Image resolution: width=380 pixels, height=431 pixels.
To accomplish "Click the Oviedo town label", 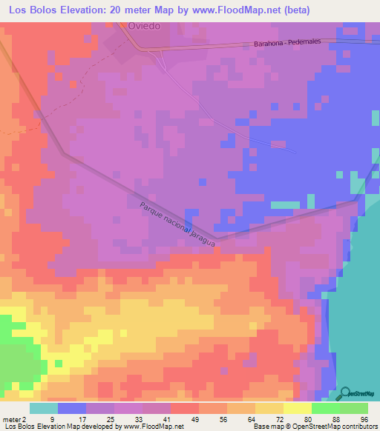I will click(144, 25).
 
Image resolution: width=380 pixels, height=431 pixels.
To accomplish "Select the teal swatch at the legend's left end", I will click(44, 408).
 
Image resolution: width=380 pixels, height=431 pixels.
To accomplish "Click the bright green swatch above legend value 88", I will click(325, 408).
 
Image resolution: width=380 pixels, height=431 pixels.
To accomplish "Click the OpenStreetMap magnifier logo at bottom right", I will click(346, 393).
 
